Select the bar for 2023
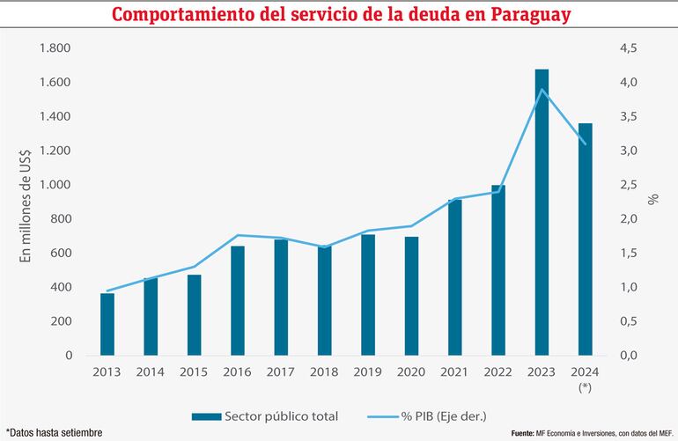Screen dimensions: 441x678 point(542,211)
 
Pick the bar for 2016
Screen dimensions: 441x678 point(238,300)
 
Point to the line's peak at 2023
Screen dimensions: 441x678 point(542,90)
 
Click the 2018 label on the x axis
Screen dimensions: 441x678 point(324,373)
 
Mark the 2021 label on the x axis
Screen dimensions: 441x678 point(454,373)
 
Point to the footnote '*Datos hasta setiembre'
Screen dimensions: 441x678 point(54,432)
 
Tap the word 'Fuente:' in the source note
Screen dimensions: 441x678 point(527,434)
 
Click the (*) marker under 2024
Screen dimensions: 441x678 point(585,387)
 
